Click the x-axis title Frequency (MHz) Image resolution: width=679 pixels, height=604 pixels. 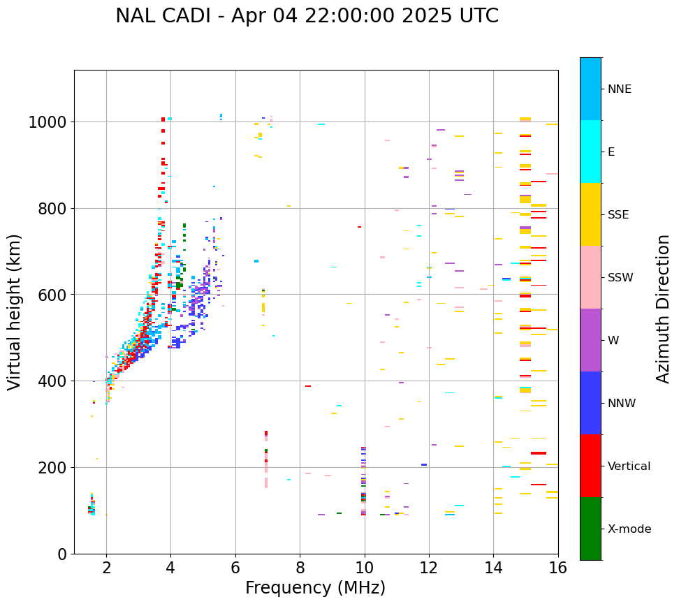315,588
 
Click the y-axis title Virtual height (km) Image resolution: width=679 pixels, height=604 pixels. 15,311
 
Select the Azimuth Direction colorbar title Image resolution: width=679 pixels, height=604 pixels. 663,309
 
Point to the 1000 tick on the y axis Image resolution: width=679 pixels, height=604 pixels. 47,123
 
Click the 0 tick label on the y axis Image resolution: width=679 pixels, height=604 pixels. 61,554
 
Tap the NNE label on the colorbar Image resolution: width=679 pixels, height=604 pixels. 619,89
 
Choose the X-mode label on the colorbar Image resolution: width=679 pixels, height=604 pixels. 629,529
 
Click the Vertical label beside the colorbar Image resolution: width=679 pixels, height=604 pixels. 629,466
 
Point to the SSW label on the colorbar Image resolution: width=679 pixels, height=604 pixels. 620,278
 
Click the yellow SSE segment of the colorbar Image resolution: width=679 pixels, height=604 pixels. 590,214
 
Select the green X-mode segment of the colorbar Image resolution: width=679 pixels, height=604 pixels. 590,529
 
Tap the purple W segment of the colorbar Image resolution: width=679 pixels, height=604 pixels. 590,340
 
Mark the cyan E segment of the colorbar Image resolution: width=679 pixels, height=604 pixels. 590,152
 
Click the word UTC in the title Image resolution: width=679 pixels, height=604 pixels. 478,16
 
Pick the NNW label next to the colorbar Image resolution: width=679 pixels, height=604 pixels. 622,404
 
